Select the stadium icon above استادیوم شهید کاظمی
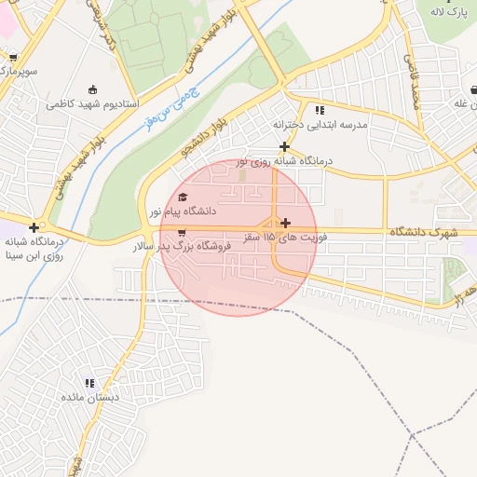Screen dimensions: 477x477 pos(91,90)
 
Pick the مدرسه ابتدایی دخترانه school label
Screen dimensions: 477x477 pos(320,124)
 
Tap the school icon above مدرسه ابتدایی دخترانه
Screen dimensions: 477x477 pos(320,110)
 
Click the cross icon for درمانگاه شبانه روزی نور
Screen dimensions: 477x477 pos(284,146)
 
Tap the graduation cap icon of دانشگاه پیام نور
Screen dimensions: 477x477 pos(183,197)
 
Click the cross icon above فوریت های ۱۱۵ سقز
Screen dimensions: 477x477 pos(284,223)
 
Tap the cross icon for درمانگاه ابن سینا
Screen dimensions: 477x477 pos(34,227)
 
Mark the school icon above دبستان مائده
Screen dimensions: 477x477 pos(90,383)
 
